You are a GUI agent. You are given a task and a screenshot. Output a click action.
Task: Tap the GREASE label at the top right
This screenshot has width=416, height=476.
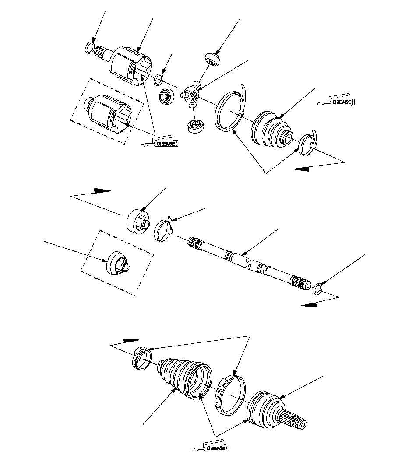342,102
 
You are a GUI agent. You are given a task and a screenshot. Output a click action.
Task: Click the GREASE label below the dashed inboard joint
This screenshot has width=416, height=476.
166,144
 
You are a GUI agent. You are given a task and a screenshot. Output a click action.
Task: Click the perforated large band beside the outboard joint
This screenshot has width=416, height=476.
230,394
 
